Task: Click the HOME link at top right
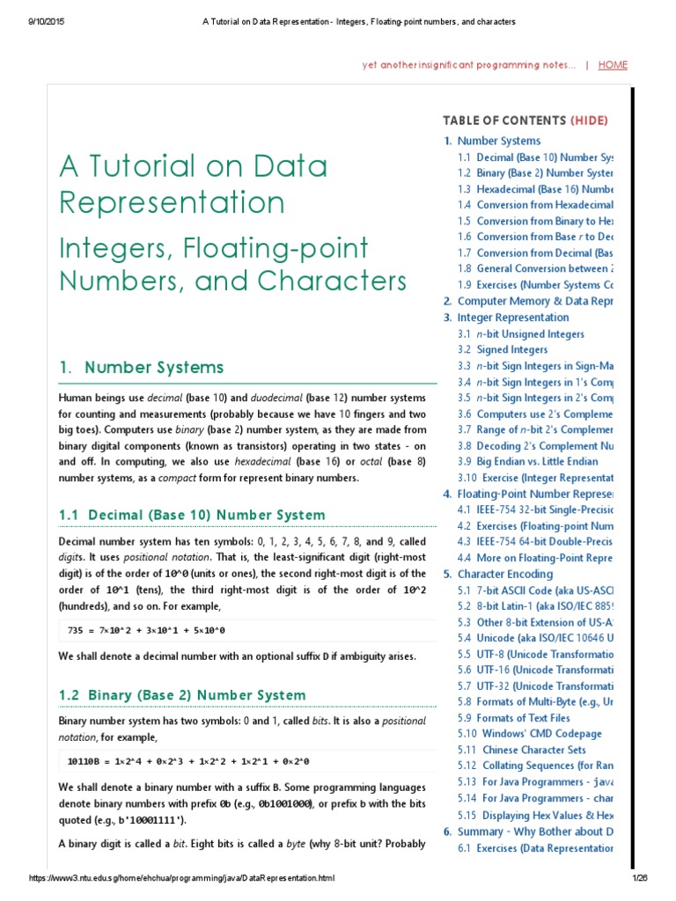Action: (613, 65)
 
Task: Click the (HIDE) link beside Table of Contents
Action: (589, 121)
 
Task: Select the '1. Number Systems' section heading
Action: (141, 368)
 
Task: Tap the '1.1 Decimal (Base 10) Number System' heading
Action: (191, 515)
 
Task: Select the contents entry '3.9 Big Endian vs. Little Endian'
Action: (528, 462)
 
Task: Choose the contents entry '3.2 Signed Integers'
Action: (503, 350)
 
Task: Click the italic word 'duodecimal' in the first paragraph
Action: (278, 398)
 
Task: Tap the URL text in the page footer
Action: (182, 879)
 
